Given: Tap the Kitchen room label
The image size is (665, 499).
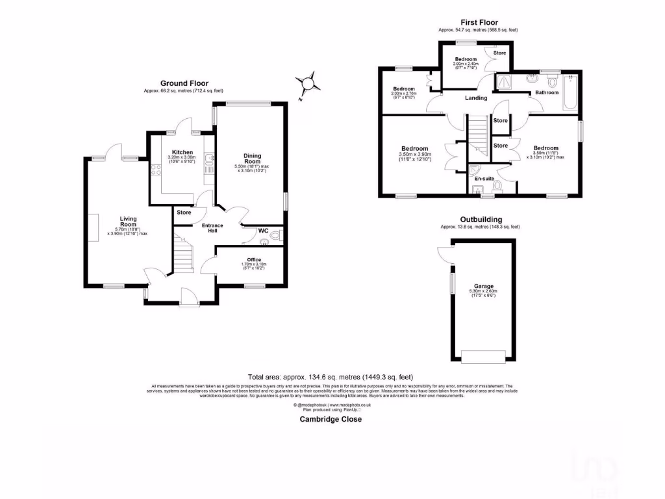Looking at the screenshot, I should (164, 152).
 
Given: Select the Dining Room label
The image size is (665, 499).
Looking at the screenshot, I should (253, 159).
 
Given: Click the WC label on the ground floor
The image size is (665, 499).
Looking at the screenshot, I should (263, 231).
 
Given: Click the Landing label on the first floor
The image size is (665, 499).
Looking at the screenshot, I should (476, 98).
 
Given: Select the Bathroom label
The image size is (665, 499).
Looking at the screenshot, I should (547, 93).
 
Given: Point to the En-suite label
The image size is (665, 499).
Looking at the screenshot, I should (483, 178).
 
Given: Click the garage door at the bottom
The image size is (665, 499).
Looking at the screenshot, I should (483, 355).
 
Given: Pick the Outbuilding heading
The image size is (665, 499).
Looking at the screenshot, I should (481, 220).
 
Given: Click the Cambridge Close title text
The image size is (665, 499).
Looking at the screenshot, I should (331, 419).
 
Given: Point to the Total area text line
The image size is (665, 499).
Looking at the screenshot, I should (331, 377).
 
